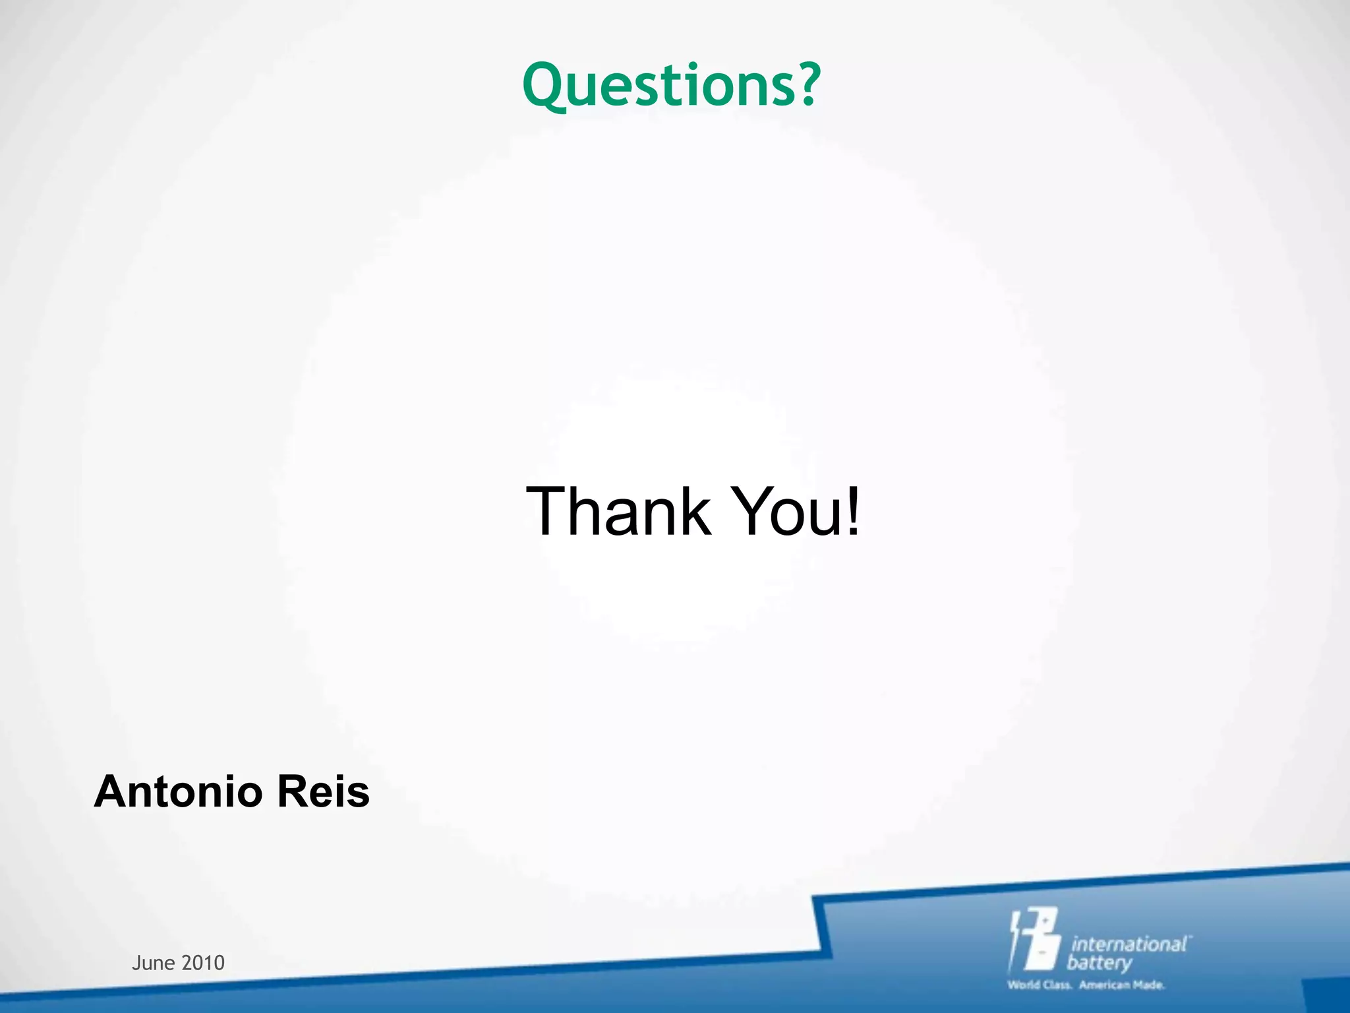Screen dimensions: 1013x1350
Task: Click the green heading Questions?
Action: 671,86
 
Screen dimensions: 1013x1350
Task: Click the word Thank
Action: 618,511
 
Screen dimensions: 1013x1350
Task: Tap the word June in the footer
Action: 153,963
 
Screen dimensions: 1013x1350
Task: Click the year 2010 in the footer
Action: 203,963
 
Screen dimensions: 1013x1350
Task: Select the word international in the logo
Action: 1129,944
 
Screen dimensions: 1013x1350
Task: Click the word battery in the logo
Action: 1100,964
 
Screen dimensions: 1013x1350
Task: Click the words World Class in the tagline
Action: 1039,985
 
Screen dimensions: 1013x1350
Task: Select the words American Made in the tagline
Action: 1122,985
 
